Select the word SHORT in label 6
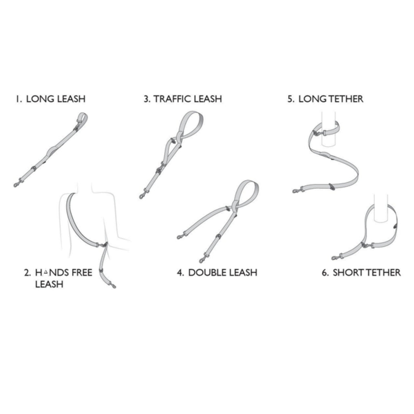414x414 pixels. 346,272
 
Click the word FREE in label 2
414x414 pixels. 82,272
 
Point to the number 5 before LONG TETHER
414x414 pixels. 290,99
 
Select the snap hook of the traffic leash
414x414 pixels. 144,194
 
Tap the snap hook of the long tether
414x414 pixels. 298,190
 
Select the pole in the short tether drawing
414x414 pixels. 381,209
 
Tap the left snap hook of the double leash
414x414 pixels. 182,236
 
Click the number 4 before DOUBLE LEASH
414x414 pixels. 181,272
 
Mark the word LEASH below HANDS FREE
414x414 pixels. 49,284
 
